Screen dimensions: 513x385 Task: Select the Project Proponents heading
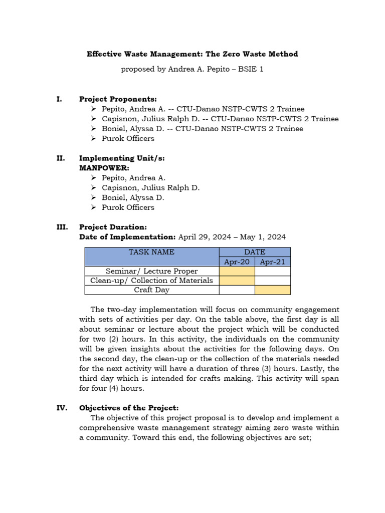[x=118, y=99]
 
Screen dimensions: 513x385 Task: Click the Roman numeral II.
[x=61, y=158]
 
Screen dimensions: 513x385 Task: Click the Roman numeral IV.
[x=62, y=408]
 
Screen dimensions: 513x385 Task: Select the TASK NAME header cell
[x=152, y=252]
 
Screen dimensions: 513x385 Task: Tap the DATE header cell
[x=255, y=252]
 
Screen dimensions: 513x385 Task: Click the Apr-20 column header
[x=237, y=262]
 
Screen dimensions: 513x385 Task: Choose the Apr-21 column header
[x=272, y=262]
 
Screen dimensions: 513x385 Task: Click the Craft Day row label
[x=152, y=290]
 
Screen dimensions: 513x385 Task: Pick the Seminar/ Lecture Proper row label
[x=152, y=271]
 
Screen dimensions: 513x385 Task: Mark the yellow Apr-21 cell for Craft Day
[x=272, y=290]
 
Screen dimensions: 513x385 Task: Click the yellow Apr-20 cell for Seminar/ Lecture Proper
[x=237, y=271]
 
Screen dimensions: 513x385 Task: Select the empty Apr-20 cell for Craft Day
[x=237, y=290]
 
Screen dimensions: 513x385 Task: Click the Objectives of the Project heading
[x=129, y=408]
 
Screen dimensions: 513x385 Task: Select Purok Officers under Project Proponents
[x=128, y=138]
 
